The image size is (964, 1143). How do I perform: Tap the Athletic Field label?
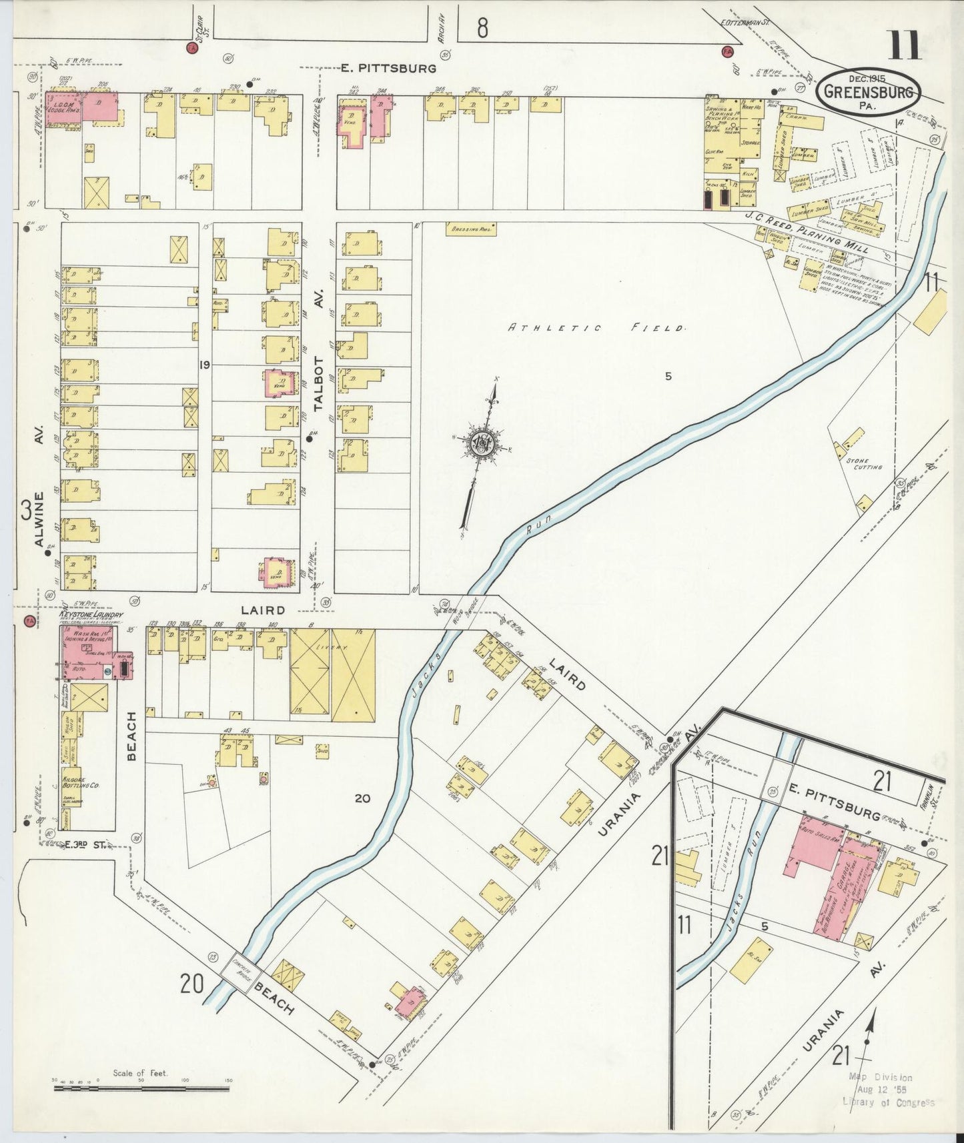(x=596, y=328)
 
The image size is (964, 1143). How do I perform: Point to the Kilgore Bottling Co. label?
(x=81, y=782)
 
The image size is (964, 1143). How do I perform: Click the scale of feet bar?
(x=141, y=1088)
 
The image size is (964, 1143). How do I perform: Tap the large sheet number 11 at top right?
(x=905, y=46)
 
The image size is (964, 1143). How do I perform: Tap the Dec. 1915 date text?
(x=867, y=79)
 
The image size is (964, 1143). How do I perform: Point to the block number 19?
(x=204, y=365)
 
